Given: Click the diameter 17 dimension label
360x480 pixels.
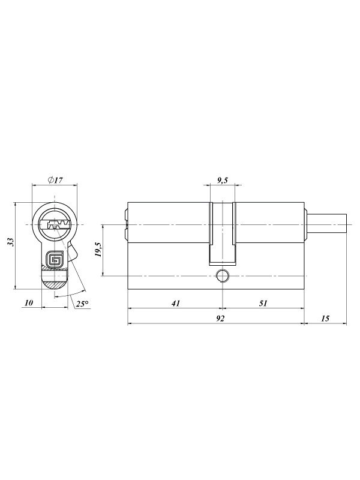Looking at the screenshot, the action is (55, 179).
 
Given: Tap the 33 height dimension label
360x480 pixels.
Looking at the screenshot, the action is (11, 242).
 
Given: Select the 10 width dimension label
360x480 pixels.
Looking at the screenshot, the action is (28, 303).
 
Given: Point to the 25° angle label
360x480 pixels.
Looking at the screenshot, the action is (82, 304).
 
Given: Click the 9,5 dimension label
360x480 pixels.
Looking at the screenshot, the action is (223, 180).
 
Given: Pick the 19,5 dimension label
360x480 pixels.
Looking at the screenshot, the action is (98, 249).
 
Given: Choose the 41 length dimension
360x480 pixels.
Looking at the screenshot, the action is (175, 303).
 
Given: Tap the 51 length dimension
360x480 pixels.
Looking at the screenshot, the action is (263, 303).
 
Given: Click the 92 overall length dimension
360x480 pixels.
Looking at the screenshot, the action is (220, 319).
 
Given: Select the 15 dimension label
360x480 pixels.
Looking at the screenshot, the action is (325, 319).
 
